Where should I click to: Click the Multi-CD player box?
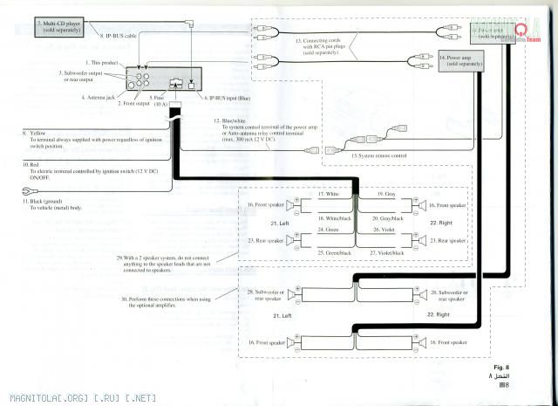(61, 25)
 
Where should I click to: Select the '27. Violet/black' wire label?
(388, 252)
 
